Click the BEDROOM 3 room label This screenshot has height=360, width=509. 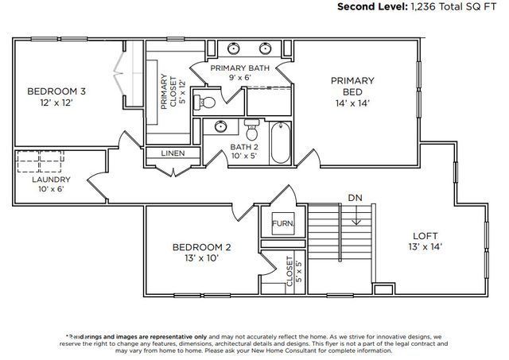pyautogui.click(x=56, y=91)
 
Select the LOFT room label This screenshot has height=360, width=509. pyautogui.click(x=425, y=235)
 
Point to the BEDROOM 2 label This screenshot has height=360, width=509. pyautogui.click(x=202, y=247)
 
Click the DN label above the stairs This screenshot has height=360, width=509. pyautogui.click(x=354, y=197)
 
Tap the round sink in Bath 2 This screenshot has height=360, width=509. pyautogui.click(x=220, y=127)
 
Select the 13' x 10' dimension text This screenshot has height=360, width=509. pyautogui.click(x=202, y=258)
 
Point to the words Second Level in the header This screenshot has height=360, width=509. pyautogui.click(x=371, y=6)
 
